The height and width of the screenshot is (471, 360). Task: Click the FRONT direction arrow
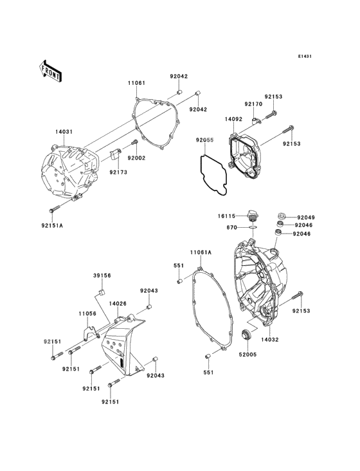point(51,71)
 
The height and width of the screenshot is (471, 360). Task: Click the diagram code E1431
point(305,57)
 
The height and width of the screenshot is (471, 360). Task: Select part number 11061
point(136,83)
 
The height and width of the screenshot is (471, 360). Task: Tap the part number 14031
point(64,132)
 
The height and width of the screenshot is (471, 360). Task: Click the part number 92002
point(136,158)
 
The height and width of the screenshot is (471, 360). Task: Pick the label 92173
point(118,172)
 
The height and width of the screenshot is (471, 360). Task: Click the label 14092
point(233,119)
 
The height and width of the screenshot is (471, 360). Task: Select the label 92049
point(305,217)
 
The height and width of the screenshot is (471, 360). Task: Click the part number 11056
point(87,313)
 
